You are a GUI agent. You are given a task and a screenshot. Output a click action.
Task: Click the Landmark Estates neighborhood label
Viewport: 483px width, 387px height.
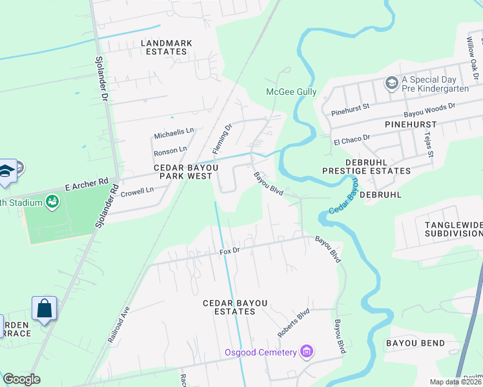pyautogui.click(x=167, y=47)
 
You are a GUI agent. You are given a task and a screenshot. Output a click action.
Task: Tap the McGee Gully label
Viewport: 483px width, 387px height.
pyautogui.click(x=292, y=92)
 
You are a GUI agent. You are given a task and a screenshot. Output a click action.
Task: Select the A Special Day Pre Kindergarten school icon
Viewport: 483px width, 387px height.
pyautogui.click(x=391, y=83)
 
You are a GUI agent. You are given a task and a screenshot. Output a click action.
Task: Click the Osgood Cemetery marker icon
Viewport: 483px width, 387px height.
pyautogui.click(x=307, y=352)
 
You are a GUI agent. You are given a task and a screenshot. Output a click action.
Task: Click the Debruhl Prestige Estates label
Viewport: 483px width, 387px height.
pyautogui.click(x=367, y=166)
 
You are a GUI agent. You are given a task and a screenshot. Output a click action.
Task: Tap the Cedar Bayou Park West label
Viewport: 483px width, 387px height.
pyautogui.click(x=185, y=172)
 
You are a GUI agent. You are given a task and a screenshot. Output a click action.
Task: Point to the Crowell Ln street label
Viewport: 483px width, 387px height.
pyautogui.click(x=137, y=191)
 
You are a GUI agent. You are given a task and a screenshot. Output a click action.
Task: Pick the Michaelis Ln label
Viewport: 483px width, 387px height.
pyautogui.click(x=174, y=133)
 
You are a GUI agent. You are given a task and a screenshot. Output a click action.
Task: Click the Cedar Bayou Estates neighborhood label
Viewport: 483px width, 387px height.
pyautogui.click(x=229, y=307)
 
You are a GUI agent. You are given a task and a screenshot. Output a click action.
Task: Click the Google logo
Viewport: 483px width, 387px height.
pyautogui.click(x=21, y=379)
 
